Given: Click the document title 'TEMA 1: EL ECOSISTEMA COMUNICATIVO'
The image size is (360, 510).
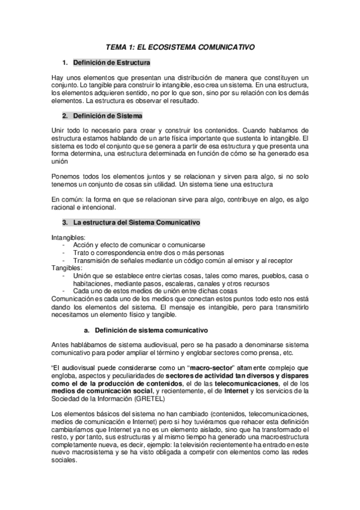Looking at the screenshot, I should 180,46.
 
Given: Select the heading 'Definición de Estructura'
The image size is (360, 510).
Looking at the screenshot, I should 111,63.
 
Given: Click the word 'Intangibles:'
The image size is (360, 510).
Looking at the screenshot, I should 69,238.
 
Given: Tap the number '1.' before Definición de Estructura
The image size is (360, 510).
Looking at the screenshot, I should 66,63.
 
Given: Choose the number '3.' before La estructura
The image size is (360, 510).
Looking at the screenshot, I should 66,223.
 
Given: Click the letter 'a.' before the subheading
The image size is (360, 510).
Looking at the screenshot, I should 87,330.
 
